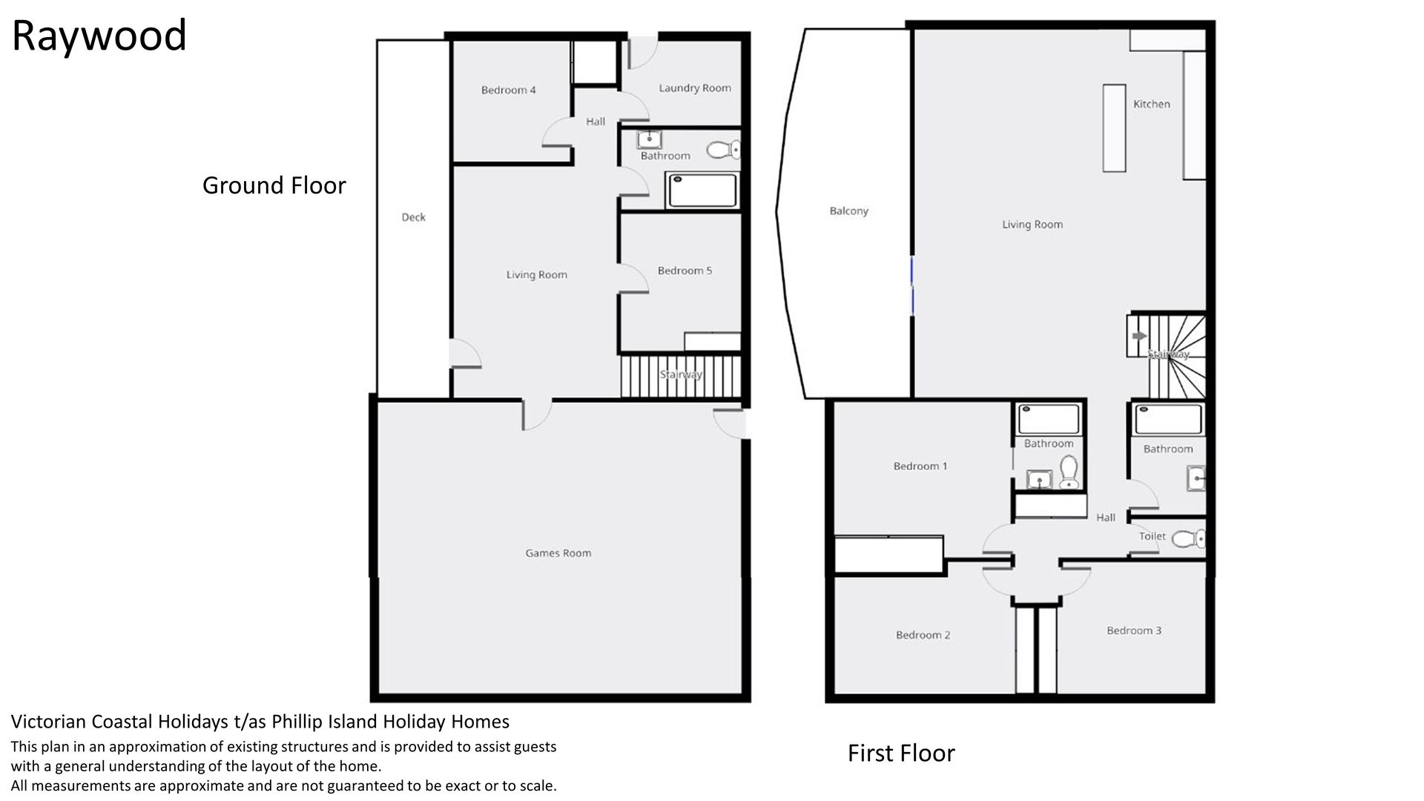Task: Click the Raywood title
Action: point(99,36)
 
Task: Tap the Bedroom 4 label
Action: point(508,90)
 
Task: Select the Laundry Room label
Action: point(695,88)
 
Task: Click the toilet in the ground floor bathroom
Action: point(723,151)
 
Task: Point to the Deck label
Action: point(413,217)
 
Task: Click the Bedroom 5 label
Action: point(685,271)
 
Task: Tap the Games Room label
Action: point(558,553)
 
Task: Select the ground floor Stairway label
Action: point(681,375)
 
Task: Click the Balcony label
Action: point(848,211)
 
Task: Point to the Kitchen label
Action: point(1151,105)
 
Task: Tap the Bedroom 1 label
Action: point(920,467)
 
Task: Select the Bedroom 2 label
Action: point(923,635)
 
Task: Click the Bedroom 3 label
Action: point(1133,630)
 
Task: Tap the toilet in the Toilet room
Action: point(1188,538)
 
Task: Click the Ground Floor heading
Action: point(274,185)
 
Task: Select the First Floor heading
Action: point(901,754)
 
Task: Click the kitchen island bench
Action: point(1114,128)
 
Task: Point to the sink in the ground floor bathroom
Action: point(650,139)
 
